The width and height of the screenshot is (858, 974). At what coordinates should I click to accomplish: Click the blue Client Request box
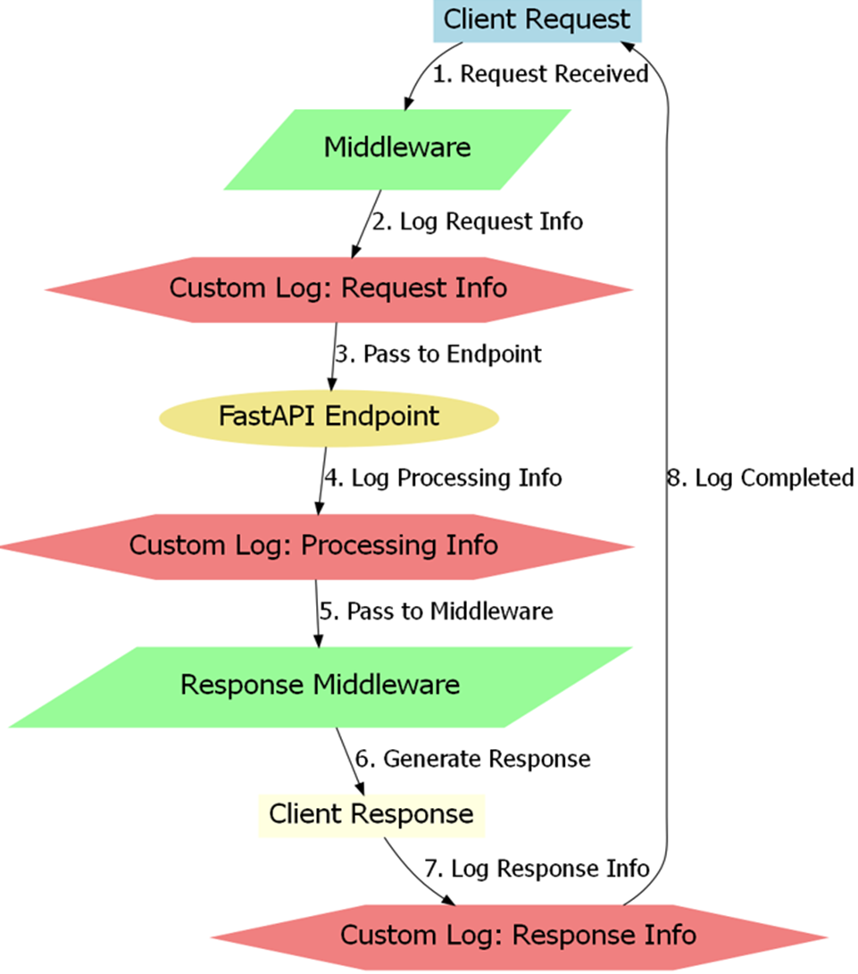537,21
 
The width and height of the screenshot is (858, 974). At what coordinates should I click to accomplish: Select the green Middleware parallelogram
397,150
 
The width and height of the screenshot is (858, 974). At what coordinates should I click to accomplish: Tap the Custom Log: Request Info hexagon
338,289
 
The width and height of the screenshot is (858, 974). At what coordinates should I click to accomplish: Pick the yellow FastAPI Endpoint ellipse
329,418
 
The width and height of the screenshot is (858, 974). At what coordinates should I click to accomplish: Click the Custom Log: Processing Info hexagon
316,546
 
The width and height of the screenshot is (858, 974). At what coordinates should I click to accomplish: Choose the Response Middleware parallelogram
321,687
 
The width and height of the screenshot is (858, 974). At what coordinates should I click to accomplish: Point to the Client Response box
371,816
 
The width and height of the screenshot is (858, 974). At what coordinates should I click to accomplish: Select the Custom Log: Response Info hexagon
519,937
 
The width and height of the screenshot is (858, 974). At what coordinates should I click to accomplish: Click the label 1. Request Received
540,74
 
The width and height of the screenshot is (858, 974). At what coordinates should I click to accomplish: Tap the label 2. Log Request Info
478,221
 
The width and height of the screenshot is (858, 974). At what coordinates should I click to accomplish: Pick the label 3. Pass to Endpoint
438,354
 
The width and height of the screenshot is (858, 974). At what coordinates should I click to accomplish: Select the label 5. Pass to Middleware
437,612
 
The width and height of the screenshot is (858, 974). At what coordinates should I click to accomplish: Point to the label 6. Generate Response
473,759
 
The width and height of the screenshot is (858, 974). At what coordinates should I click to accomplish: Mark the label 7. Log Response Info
537,869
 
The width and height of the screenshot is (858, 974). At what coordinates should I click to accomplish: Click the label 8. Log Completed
761,479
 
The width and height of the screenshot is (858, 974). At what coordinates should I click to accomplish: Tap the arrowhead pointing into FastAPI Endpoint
332,383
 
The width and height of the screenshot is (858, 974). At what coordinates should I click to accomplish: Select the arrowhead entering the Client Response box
359,787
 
